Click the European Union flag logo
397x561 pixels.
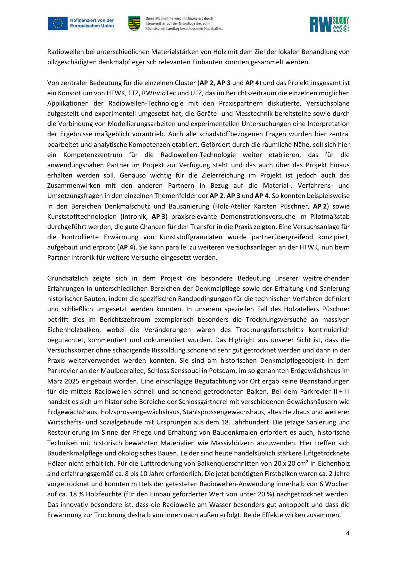[58, 23]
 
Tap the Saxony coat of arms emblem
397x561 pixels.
[134, 23]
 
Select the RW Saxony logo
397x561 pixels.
[329, 24]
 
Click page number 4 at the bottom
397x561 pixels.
[348, 533]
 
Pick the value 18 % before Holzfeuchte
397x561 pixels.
[62, 494]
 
